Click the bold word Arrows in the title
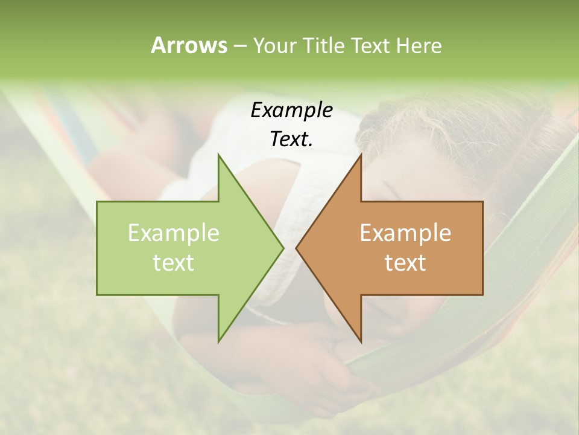[x=188, y=45]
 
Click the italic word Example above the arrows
[x=291, y=110]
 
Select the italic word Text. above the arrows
[x=291, y=139]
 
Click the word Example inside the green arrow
[x=173, y=233]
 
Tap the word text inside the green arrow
[x=173, y=262]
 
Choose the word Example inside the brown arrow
[x=405, y=233]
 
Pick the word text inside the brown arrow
[x=405, y=262]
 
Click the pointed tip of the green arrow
[x=283, y=248]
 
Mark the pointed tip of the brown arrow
[x=296, y=248]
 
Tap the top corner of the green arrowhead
[x=218, y=154]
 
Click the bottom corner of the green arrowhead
[x=218, y=342]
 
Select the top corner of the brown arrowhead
[x=361, y=154]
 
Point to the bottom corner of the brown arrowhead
[x=361, y=342]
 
